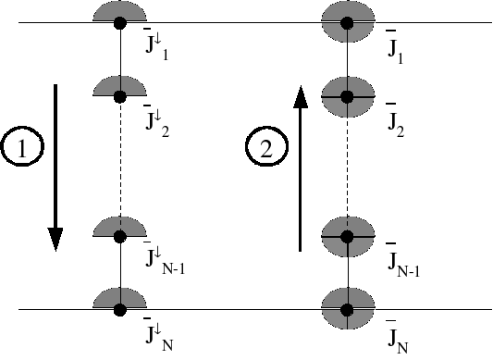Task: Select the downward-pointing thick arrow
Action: [x=55, y=168]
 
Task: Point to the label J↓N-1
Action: [x=165, y=261]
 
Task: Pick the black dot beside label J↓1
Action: [x=119, y=22]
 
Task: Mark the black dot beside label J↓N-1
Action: [x=119, y=237]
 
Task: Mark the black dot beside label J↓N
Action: [x=119, y=309]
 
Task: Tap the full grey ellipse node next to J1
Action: [x=347, y=22]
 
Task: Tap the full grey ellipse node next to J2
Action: [x=347, y=96]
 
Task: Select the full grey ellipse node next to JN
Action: [x=347, y=309]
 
